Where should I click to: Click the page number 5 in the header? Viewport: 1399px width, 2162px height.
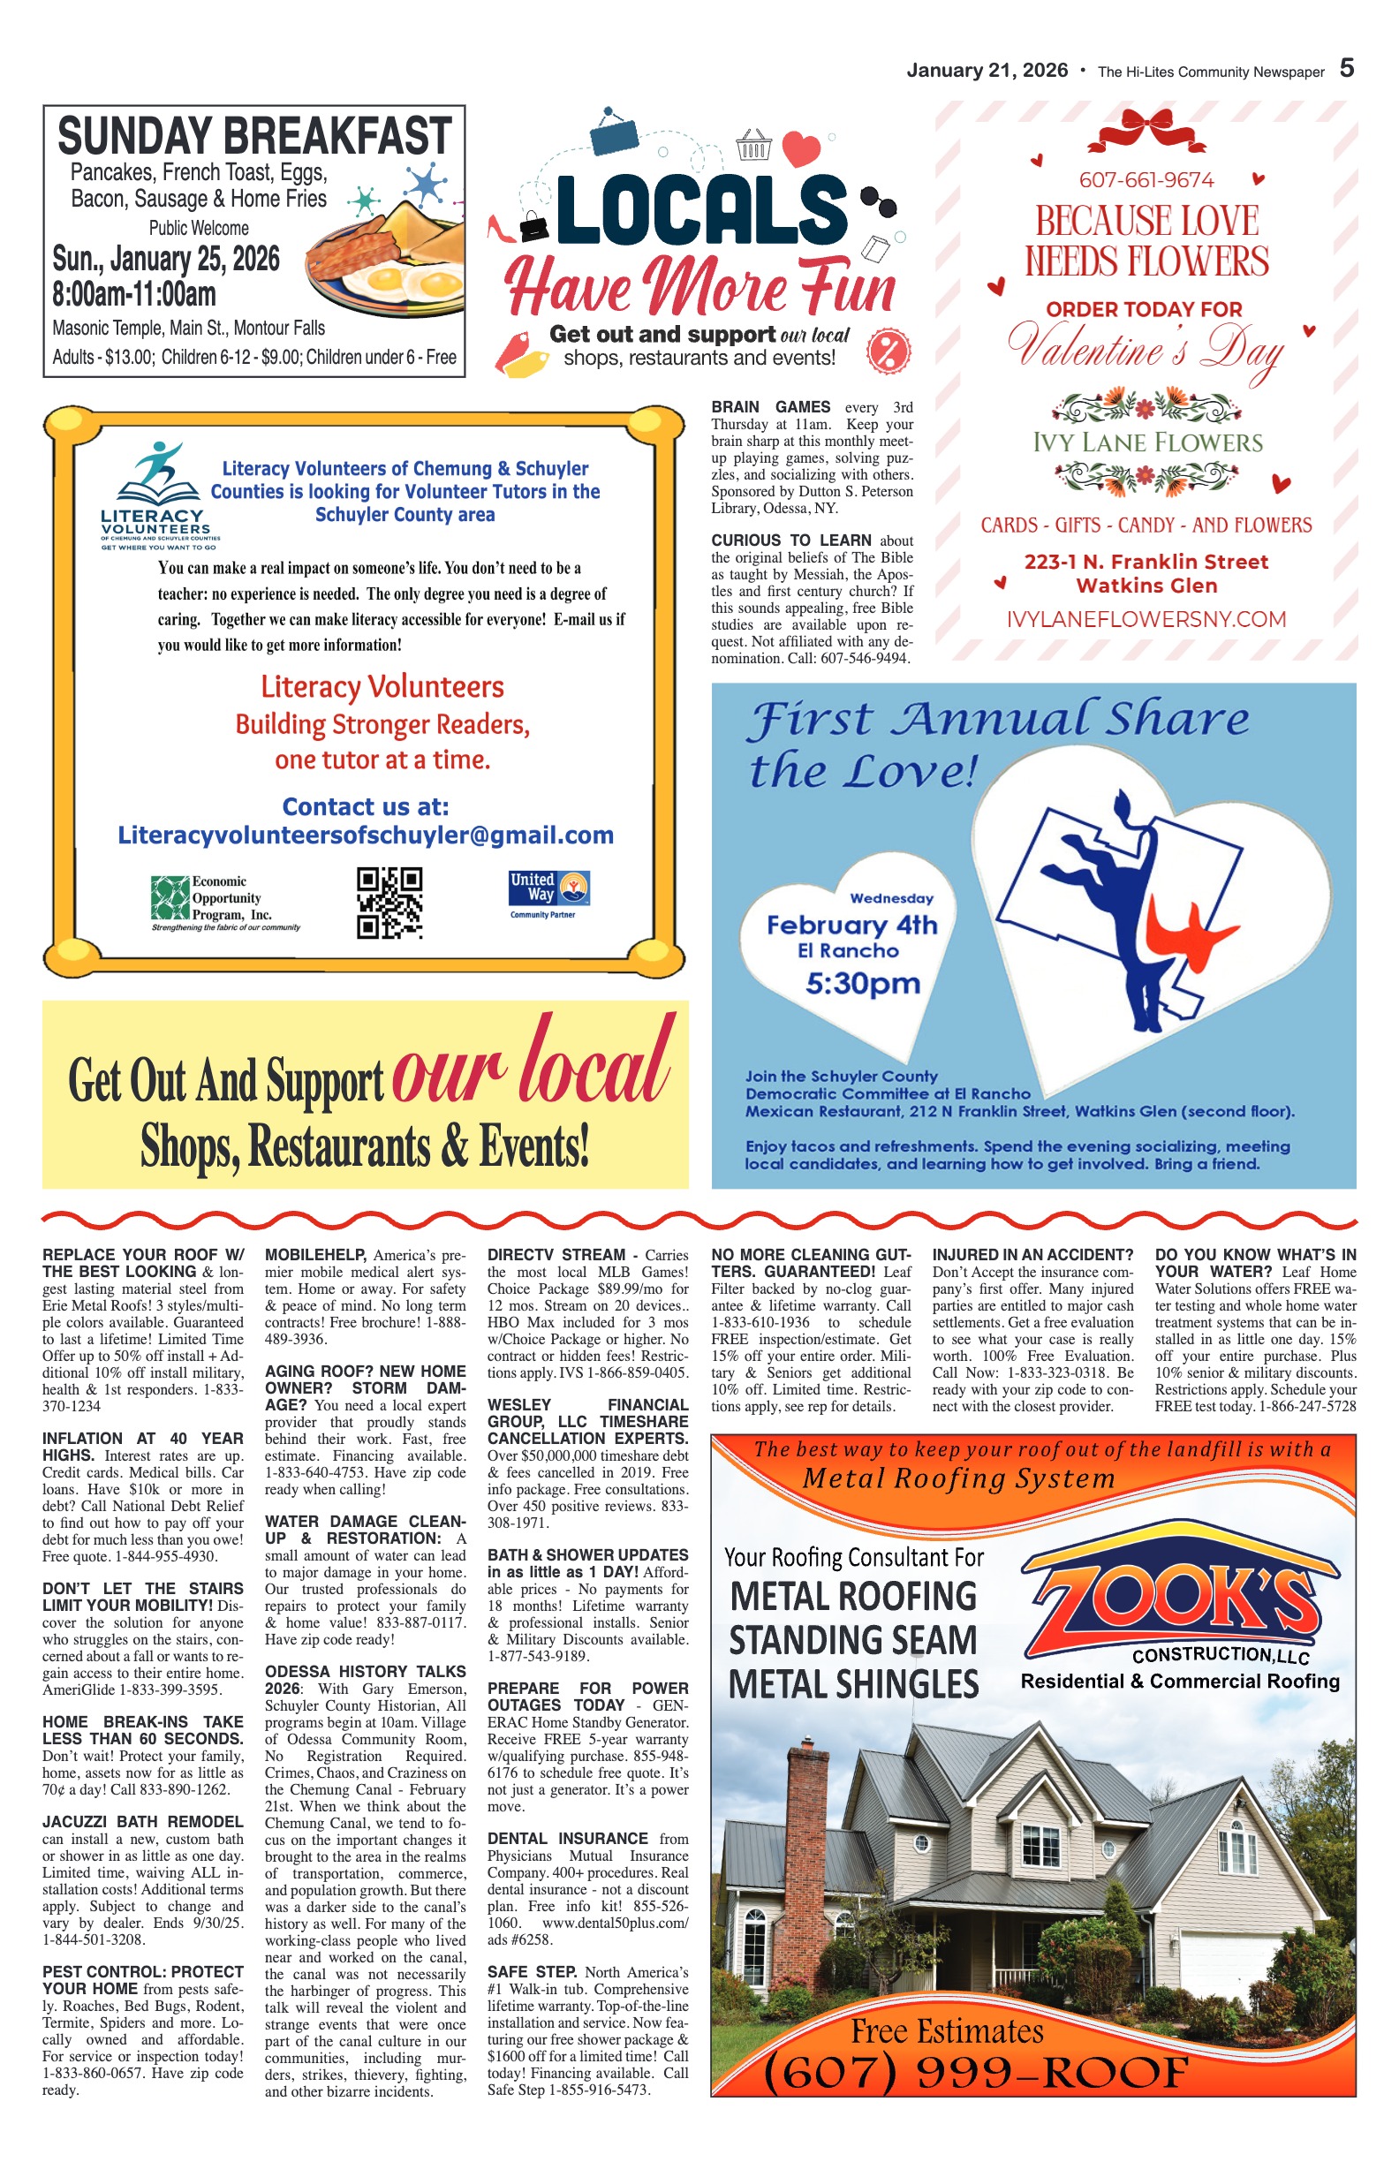pos(1346,68)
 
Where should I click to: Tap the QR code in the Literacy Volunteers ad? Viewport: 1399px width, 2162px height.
pos(389,902)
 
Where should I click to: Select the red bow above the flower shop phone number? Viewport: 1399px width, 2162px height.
pos(1146,131)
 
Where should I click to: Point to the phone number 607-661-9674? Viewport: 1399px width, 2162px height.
pos(1146,180)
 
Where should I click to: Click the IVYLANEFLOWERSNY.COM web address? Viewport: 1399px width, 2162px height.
pos(1146,619)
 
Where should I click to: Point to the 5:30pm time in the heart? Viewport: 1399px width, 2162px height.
pos(862,984)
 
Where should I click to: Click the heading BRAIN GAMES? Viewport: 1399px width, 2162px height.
pos(770,407)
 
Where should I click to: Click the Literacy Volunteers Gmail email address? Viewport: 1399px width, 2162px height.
pos(365,835)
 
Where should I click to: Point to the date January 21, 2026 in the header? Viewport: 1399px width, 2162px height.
pos(987,71)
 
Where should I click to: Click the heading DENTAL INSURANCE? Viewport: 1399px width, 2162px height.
pos(567,1838)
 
